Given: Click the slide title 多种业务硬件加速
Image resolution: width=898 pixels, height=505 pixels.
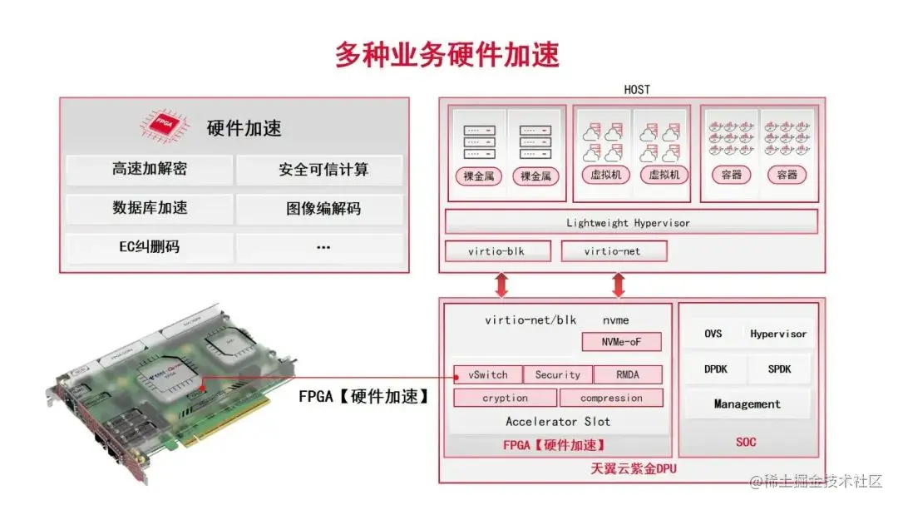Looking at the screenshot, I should pos(447,54).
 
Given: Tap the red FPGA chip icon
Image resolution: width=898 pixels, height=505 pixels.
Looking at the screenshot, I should pos(163,126).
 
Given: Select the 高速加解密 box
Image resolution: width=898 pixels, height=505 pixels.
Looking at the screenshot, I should pos(150,170).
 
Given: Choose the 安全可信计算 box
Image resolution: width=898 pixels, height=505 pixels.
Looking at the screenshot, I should pos(323,170).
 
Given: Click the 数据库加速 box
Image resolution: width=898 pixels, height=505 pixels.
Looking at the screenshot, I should pos(150,208).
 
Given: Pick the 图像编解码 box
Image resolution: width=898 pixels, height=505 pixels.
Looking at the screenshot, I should pos(323,208).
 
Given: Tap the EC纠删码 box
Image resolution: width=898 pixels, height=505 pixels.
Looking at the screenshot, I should pos(150,247).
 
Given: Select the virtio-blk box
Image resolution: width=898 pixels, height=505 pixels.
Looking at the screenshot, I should pos(496,251).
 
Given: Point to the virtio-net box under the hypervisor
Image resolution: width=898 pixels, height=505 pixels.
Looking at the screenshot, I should pos(613,251).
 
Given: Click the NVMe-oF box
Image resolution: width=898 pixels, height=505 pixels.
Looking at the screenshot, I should pos(621,342).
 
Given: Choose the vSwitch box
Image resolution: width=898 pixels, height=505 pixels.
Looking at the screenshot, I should pos(488,374).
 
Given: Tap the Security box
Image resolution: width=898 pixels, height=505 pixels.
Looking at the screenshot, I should pos(558,374).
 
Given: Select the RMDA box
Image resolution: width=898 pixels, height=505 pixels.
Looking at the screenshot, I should pos(629,374).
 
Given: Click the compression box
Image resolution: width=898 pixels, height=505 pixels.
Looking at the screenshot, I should pos(611,398).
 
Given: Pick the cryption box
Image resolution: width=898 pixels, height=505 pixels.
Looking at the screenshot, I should pos(505,398).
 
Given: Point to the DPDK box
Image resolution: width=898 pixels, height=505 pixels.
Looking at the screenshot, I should pos(715,369).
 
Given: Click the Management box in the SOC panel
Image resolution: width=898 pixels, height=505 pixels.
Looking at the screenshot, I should pos(747,404).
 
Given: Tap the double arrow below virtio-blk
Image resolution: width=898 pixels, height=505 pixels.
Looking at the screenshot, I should pos(501,285).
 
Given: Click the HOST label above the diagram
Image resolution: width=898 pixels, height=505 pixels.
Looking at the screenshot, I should pos(637,89).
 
